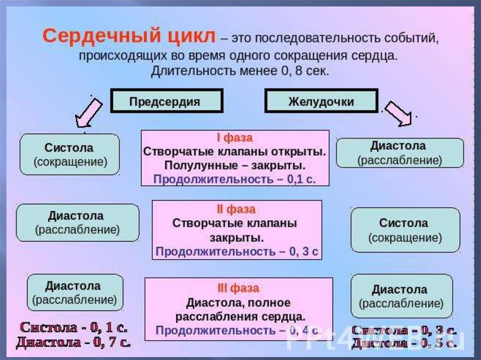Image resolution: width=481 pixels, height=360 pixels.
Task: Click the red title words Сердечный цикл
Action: (130, 37)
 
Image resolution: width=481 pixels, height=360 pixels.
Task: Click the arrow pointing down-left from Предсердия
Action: (88, 113)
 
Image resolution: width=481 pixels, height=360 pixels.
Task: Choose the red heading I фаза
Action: (234, 138)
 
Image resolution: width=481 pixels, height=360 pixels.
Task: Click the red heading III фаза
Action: (238, 288)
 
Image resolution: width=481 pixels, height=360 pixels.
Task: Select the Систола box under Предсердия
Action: (70, 154)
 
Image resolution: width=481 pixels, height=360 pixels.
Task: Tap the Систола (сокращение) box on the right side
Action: (405, 230)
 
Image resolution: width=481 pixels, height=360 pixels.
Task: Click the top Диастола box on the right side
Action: (400, 153)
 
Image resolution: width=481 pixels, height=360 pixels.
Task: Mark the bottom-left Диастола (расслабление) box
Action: (75, 292)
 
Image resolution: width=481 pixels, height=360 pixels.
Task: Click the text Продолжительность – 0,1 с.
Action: (234, 179)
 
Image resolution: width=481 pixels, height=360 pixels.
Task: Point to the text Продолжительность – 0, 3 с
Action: (237, 252)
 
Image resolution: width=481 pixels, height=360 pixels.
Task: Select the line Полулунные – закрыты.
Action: (235, 166)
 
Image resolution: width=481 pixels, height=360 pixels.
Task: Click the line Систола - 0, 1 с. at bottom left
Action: (73, 328)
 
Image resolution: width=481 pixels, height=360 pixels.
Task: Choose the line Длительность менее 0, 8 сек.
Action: (240, 71)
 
